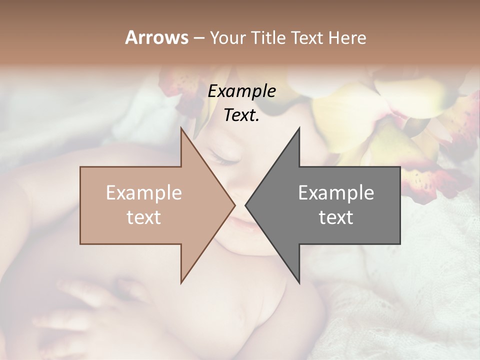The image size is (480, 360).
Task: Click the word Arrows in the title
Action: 156,37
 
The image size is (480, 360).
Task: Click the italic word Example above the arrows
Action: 241,91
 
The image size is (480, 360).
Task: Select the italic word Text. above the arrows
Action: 241,115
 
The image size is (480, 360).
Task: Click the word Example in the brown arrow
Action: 143,192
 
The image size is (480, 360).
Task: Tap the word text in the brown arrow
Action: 143,217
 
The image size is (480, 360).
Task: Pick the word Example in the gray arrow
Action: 336,192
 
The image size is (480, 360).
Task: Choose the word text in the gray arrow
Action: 336,217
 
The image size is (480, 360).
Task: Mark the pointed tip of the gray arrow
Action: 246,205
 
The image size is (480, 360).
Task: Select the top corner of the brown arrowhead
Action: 181,128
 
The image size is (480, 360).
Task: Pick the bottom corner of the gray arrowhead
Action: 299,283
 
